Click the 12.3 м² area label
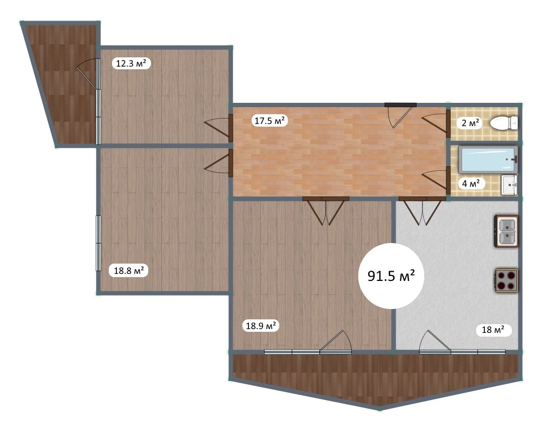tap(131, 63)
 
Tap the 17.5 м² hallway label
tap(269, 121)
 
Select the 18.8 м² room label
tap(129, 270)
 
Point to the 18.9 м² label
tap(261, 326)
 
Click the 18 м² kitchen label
tap(493, 330)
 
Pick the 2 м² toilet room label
tap(470, 123)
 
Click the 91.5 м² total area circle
tap(391, 276)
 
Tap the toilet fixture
tap(504, 123)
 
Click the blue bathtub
tap(488, 160)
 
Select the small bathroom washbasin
tap(509, 185)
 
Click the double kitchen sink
tap(506, 231)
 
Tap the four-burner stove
tap(506, 280)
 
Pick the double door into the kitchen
tap(422, 211)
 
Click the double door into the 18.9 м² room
tap(325, 211)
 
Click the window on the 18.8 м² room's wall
tap(98, 243)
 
